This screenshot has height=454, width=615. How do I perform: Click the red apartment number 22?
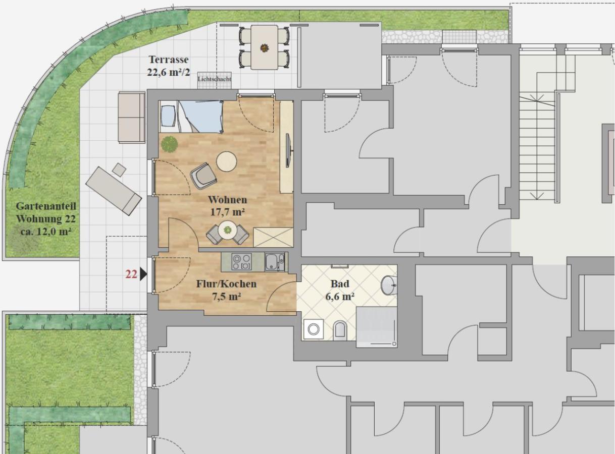click(131, 274)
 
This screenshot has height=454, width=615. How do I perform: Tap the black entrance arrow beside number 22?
click(143, 274)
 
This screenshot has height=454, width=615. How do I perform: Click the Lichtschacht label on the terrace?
click(214, 79)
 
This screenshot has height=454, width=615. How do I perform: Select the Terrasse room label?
click(169, 60)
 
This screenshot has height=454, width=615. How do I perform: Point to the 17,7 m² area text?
click(227, 212)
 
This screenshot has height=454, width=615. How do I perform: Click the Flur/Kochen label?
click(226, 284)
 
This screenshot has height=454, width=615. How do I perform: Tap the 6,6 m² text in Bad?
click(340, 297)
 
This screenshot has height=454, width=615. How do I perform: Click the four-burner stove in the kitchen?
click(241, 262)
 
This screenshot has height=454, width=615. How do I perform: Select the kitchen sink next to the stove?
click(275, 262)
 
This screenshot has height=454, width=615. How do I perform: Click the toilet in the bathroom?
click(340, 330)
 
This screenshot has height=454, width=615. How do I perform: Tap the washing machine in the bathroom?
click(314, 329)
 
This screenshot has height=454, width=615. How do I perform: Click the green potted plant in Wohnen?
click(170, 144)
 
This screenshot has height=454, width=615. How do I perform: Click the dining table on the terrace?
click(264, 47)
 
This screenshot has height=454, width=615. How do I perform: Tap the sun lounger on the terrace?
click(114, 191)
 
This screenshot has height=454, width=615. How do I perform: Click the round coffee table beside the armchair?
click(227, 162)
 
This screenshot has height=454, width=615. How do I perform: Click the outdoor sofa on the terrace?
click(131, 118)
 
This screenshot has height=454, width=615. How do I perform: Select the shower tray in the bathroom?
click(377, 327)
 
